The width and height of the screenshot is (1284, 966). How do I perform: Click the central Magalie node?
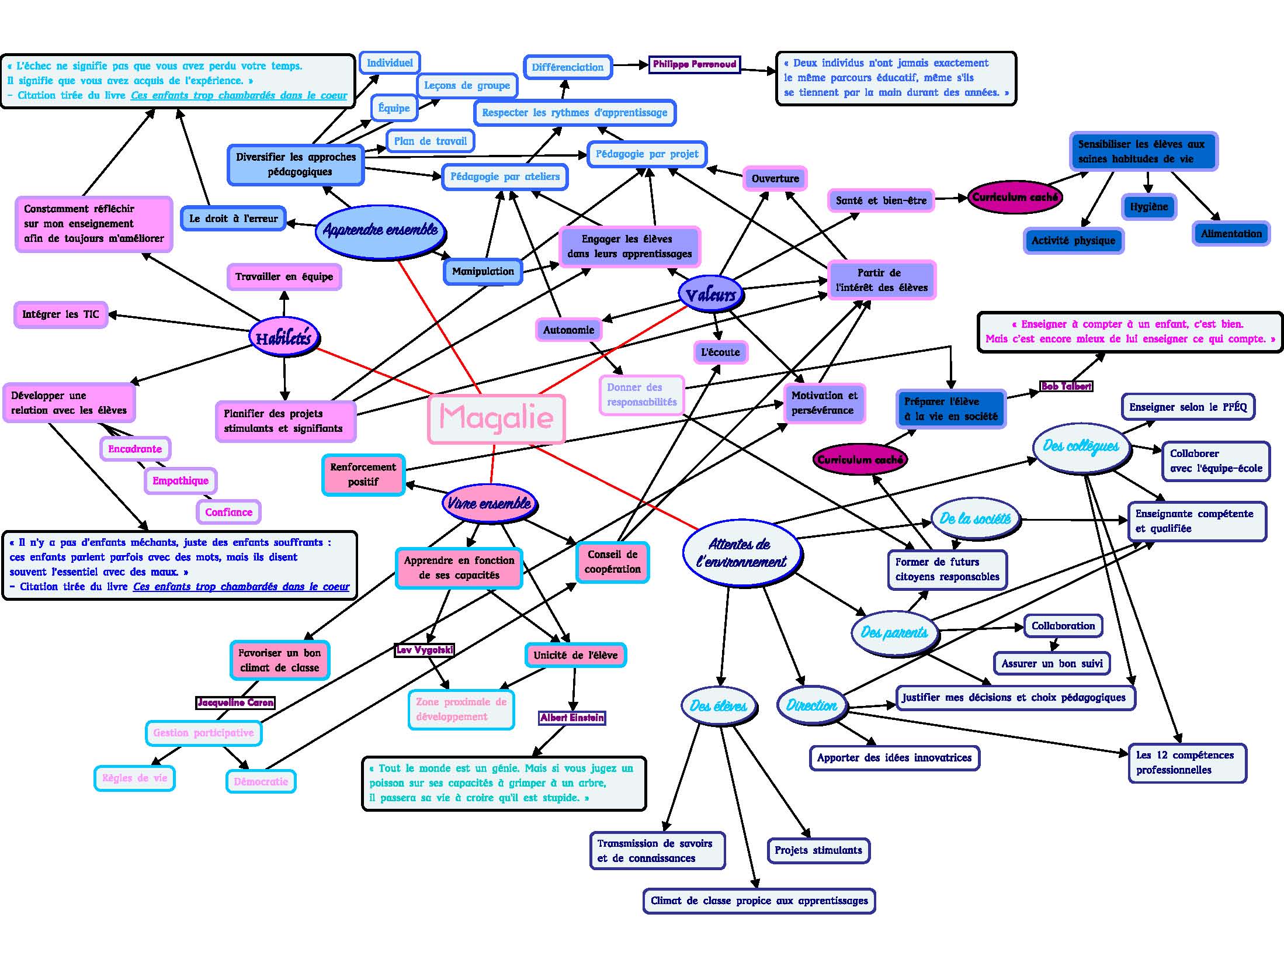pos(497,418)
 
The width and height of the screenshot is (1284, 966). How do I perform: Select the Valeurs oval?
pos(710,295)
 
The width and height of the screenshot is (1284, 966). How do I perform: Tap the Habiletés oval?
pos(283,338)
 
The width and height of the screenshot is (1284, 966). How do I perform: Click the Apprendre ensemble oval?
pos(380,230)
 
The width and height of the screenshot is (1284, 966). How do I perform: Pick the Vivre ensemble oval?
pos(489,503)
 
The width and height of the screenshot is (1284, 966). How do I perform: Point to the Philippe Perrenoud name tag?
pos(695,64)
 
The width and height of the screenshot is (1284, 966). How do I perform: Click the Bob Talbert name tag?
pos(1066,386)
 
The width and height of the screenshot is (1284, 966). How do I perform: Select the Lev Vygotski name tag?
pos(424,650)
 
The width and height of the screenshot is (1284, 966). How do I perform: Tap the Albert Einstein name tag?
pos(572,718)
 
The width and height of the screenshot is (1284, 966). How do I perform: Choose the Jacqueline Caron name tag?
pos(235,702)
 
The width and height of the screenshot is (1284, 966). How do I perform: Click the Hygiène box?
pos(1148,207)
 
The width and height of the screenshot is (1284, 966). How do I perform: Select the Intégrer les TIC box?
pos(61,314)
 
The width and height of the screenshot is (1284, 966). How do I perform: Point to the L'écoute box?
pos(720,352)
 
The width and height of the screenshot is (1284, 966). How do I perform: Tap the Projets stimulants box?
pos(818,850)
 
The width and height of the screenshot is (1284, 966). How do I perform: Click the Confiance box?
pos(228,513)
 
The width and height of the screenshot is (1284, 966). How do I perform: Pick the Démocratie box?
pos(261,781)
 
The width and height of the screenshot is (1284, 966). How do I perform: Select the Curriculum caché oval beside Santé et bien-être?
pos(1015,198)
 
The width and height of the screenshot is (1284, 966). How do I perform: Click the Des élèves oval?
pos(718,706)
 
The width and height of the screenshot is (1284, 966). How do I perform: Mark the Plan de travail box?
pos(430,141)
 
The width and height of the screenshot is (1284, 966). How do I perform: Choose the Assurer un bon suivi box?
pos(1052,663)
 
